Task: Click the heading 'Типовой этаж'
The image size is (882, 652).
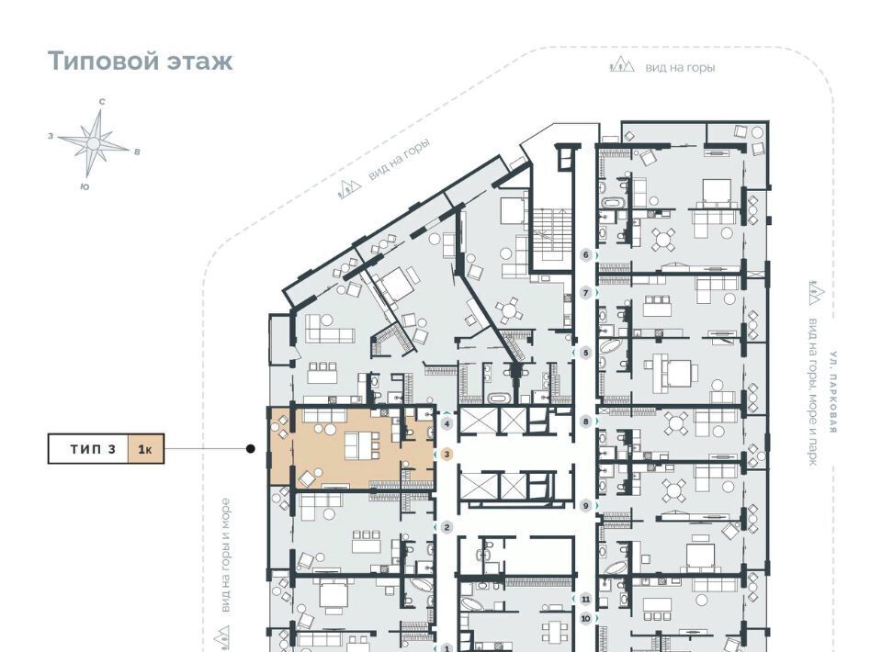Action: pyautogui.click(x=140, y=61)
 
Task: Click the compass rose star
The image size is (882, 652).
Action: pyautogui.click(x=94, y=144)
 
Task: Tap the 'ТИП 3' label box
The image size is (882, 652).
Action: pyautogui.click(x=88, y=448)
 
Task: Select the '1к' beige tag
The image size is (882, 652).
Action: pyautogui.click(x=146, y=448)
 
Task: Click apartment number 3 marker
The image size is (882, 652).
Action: pyautogui.click(x=447, y=454)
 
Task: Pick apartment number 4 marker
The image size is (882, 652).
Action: pyautogui.click(x=447, y=424)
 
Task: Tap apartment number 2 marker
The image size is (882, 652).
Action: pyautogui.click(x=447, y=527)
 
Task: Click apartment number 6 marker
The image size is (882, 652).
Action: pyautogui.click(x=585, y=255)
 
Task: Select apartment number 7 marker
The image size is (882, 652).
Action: pyautogui.click(x=585, y=293)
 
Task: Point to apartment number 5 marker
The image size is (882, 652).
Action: pyautogui.click(x=585, y=353)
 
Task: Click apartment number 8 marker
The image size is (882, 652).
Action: pyautogui.click(x=585, y=421)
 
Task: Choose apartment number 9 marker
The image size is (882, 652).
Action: pyautogui.click(x=585, y=506)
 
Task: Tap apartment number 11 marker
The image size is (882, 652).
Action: pyautogui.click(x=585, y=599)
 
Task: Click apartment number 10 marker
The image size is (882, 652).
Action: pyautogui.click(x=585, y=619)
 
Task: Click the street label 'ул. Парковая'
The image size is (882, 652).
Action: pyautogui.click(x=833, y=392)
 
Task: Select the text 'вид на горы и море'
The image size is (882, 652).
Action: pyautogui.click(x=225, y=556)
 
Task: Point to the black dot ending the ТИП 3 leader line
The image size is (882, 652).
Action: pyautogui.click(x=250, y=448)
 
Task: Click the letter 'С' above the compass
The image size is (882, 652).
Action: pyautogui.click(x=102, y=102)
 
